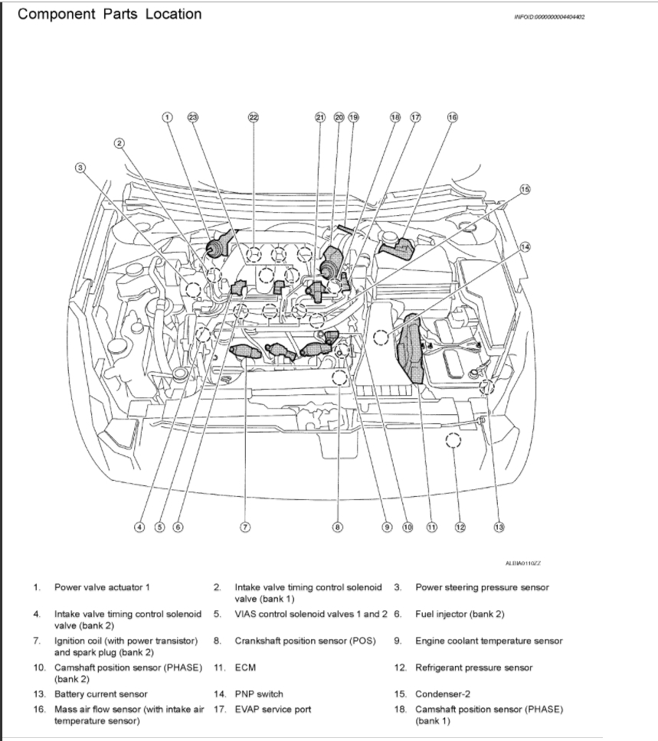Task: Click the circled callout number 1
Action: [x=167, y=117]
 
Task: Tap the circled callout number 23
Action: [x=193, y=117]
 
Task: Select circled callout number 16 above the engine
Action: [x=452, y=117]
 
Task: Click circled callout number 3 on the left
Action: [x=80, y=168]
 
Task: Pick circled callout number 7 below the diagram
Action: [x=245, y=527]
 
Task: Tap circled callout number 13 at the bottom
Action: [x=499, y=527]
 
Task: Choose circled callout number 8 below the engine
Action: [x=337, y=527]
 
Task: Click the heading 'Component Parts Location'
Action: [x=110, y=15]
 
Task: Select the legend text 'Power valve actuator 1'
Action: [x=101, y=588]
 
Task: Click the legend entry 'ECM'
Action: [x=245, y=668]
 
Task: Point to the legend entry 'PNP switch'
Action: [x=258, y=694]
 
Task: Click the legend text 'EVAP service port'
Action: [x=273, y=710]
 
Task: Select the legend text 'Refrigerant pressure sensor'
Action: [x=473, y=668]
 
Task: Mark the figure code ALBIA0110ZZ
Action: [x=523, y=563]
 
